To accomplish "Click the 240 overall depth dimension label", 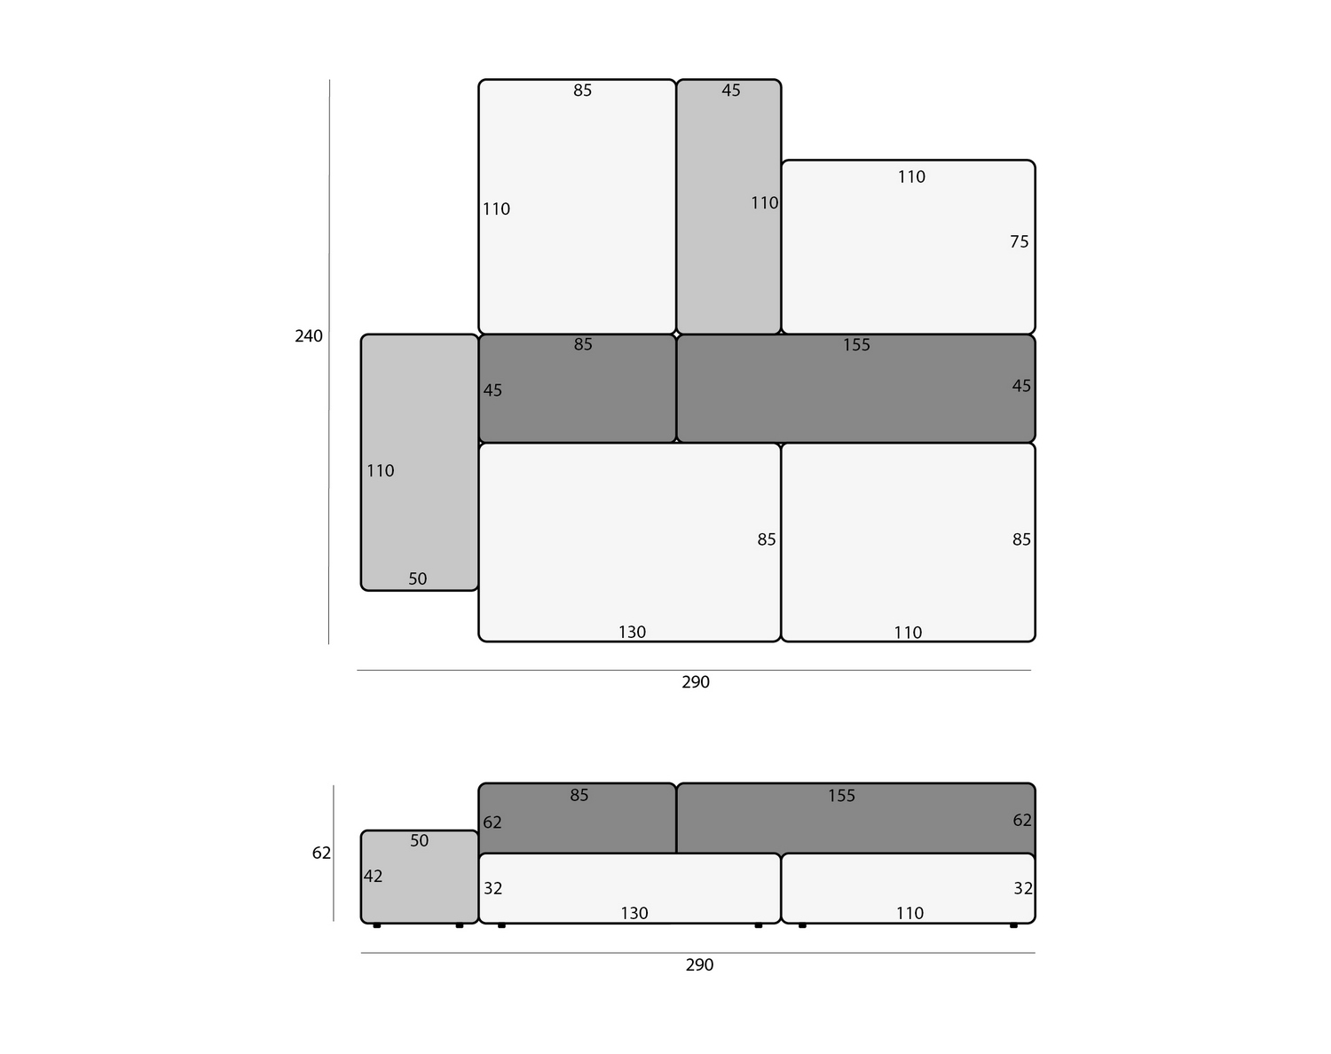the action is [308, 336].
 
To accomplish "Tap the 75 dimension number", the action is [1019, 241].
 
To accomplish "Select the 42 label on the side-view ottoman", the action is [373, 876].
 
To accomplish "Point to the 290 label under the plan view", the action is [695, 681].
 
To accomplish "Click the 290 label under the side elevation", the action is [699, 964].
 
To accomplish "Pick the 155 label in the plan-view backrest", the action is [856, 344].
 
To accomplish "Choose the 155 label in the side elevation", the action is [841, 796].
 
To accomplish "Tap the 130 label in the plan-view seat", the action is [632, 633].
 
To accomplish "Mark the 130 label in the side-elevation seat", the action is [634, 913].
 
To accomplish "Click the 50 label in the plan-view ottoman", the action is [417, 579].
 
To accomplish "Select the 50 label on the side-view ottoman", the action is [420, 840].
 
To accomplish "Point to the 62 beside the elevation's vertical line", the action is [321, 853].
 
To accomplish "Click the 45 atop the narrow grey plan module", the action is [730, 90].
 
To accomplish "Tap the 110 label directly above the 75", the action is [911, 177].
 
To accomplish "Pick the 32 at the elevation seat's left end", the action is [492, 888].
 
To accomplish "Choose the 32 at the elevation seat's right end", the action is [1022, 888].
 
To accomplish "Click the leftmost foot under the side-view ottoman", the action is [376, 925].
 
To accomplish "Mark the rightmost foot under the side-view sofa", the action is [1013, 925].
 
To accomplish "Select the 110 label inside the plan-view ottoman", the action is [380, 471].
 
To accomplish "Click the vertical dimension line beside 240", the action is [329, 362].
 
